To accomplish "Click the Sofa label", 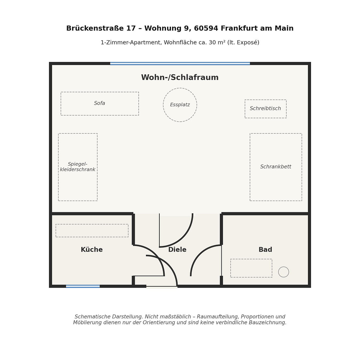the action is click(99, 103).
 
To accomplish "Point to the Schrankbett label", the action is click(276, 167).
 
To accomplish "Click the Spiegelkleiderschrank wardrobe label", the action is click(78, 167).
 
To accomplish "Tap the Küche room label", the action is click(92, 250).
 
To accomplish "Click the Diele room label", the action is click(177, 250).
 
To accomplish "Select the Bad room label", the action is click(265, 250).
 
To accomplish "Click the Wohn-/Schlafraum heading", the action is click(180, 77).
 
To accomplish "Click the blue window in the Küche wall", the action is click(83, 286).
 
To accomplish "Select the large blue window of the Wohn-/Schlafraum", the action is click(180, 64).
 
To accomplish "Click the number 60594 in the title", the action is click(206, 28).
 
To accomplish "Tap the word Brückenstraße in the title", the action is click(95, 28).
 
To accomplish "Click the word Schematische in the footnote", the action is click(89, 317).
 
